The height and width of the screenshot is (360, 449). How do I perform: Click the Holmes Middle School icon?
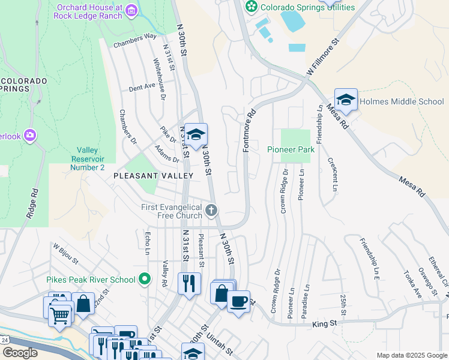346,100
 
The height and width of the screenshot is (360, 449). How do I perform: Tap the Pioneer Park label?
291,149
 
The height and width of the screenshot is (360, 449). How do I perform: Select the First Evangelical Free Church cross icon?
211,211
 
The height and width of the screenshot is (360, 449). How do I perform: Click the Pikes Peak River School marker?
145,279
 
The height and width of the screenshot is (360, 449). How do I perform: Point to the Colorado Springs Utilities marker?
252,7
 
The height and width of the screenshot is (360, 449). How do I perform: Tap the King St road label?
325,324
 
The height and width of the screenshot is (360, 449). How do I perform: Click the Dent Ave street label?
142,87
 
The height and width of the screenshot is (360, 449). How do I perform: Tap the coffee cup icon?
238,301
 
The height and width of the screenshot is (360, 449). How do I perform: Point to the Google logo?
20,353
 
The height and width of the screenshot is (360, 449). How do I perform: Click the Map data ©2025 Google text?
411,355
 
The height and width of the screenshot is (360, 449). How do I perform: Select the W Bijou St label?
65,253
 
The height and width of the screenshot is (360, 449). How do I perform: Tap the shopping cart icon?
60,314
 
